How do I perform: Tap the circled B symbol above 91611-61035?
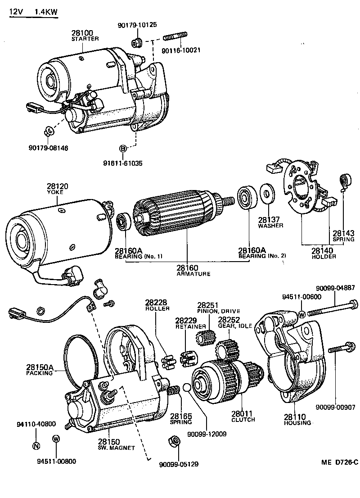[122, 148]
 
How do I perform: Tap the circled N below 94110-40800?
[36, 446]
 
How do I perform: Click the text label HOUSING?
[297, 423]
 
